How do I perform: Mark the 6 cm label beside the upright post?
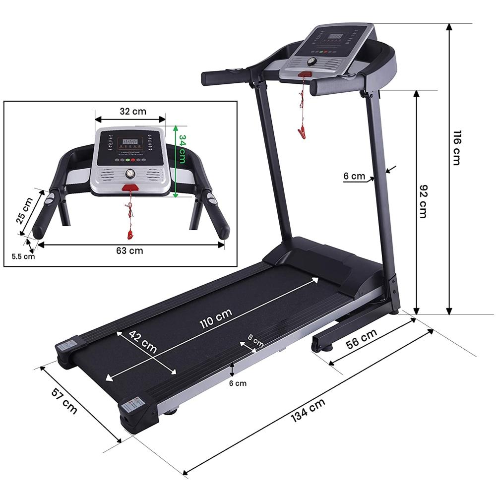[354, 176]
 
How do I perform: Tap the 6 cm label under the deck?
[238, 383]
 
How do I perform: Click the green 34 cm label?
[183, 149]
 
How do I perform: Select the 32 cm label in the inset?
[133, 111]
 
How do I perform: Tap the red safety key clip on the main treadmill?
[301, 132]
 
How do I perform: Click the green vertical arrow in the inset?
[175, 161]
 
